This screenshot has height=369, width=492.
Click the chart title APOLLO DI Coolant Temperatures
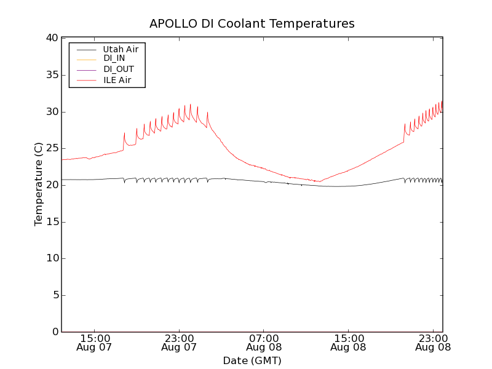252,24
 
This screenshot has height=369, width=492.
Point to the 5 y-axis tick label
54,295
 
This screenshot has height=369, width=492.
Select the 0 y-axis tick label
54,332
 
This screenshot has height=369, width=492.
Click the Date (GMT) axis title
252,360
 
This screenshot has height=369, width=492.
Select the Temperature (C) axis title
39,184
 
